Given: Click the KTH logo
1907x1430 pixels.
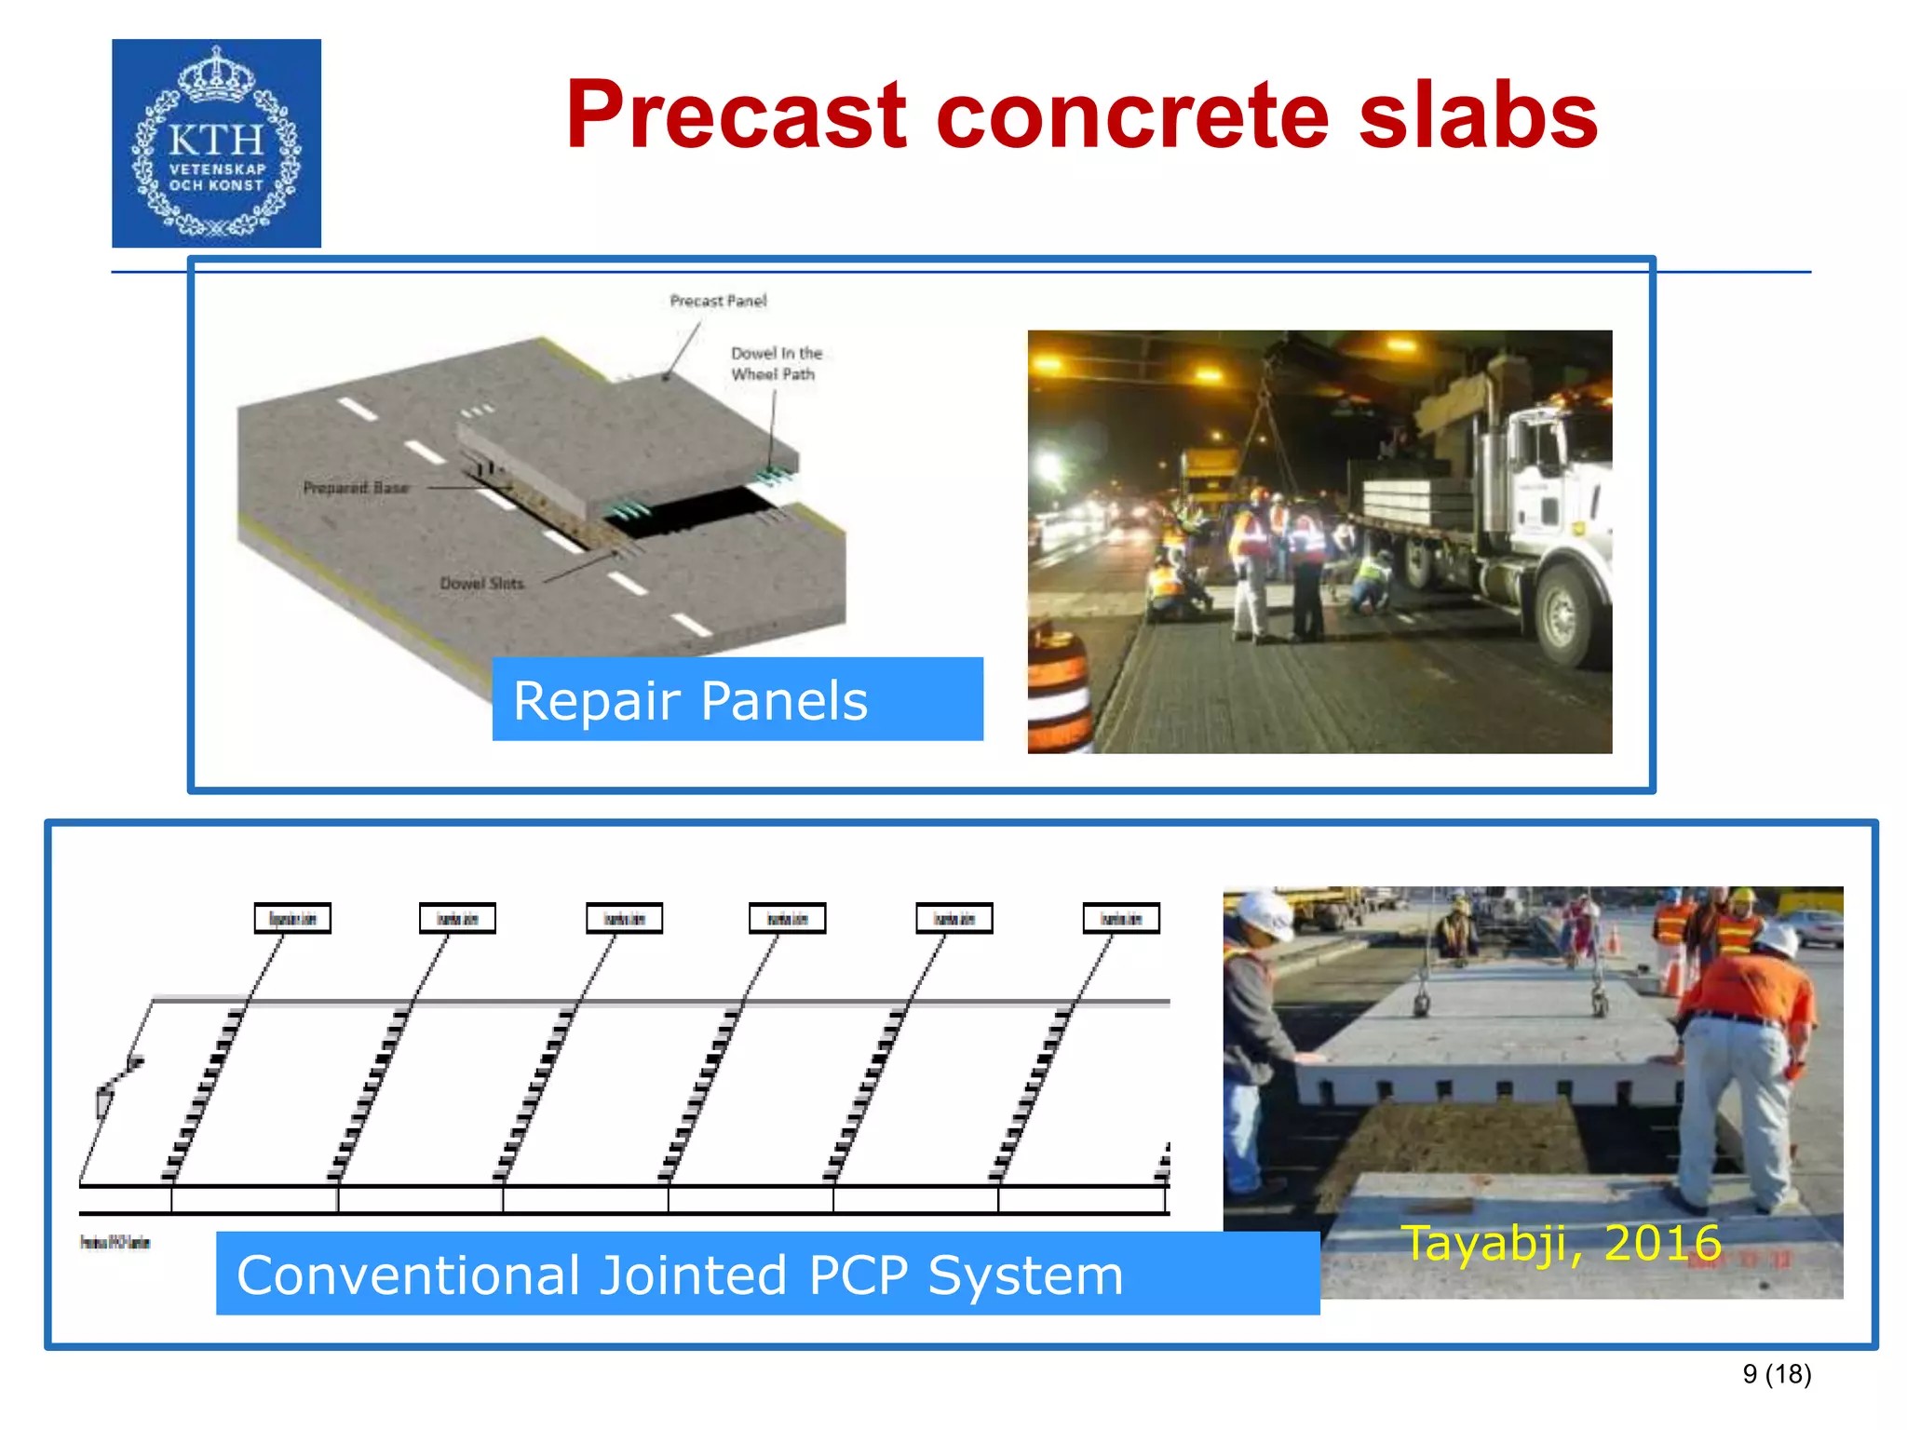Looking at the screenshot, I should (x=216, y=143).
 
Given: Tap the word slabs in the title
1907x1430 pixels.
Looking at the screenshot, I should (x=1478, y=115).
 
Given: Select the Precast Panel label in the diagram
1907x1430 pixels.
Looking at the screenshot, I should (x=718, y=301).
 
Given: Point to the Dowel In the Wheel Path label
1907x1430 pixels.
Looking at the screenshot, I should (x=776, y=363).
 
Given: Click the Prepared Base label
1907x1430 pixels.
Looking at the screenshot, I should (x=356, y=487).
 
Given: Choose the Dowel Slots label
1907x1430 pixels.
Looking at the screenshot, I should (x=481, y=583).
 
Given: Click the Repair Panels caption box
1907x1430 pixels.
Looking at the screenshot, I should (x=737, y=699).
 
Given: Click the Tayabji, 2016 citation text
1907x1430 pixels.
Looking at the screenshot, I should (x=1561, y=1243).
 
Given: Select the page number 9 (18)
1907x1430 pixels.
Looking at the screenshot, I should (x=1777, y=1374).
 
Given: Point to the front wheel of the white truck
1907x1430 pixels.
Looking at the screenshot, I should (x=1564, y=614).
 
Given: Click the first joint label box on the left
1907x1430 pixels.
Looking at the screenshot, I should (x=292, y=918).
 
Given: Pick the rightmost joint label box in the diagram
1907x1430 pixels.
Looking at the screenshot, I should (x=1121, y=918).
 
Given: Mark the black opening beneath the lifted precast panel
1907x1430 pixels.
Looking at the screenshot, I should (x=708, y=510).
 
